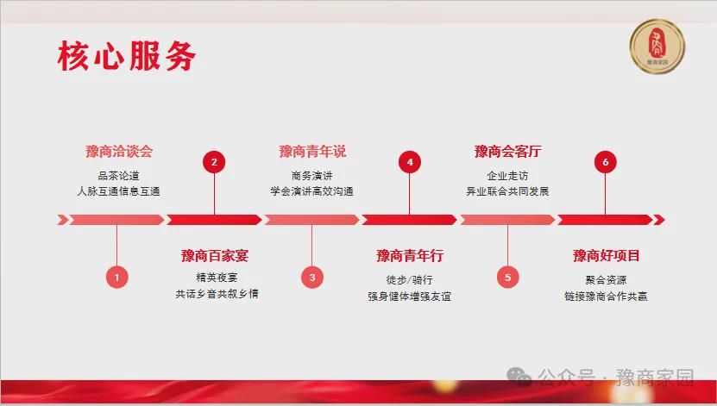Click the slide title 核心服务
coord(127,56)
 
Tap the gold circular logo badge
coord(657,47)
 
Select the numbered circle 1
coord(117,278)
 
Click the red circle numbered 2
coord(214,162)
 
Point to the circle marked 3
coord(312,278)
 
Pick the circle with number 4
coord(410,162)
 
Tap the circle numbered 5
coord(507,278)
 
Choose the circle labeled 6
coord(606,162)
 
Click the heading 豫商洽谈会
coord(119,151)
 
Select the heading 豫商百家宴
coord(215,255)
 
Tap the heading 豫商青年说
coord(312,151)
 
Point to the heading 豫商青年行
coord(410,255)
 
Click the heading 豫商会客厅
coord(507,151)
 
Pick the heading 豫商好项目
coord(606,255)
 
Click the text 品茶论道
coord(118,176)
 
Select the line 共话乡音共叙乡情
coord(217,294)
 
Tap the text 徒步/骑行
coord(409,280)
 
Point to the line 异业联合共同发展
coord(507,191)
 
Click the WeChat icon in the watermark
coord(519,377)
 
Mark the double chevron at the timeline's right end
coord(659,220)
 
